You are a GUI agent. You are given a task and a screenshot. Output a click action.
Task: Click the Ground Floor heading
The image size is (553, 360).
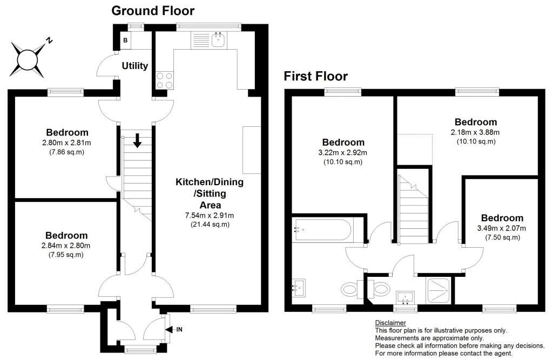point(153,11)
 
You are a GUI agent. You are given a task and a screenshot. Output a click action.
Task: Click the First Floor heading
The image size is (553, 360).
point(316,76)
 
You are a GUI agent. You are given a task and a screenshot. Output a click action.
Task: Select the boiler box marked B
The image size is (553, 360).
point(125,40)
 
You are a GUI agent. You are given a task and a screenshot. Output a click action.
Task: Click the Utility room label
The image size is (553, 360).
point(134,66)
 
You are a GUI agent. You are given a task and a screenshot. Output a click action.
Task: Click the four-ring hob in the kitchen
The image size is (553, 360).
point(164,80)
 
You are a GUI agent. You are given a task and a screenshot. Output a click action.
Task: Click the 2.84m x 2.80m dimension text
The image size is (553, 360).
point(66,246)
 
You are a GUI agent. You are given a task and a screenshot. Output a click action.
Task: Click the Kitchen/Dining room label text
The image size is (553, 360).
point(210,182)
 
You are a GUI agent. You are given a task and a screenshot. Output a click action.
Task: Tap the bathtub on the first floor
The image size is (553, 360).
point(322,229)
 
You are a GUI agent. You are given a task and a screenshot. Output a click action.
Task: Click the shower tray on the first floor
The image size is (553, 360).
point(440,289)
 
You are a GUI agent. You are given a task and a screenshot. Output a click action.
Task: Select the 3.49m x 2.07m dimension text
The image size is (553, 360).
point(502,228)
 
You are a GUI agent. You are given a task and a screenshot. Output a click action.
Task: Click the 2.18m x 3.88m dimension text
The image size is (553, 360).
point(475,132)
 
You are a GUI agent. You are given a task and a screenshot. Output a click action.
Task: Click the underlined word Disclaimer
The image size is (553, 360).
point(390,322)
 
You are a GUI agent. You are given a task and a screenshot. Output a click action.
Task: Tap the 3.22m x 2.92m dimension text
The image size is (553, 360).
point(343,152)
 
